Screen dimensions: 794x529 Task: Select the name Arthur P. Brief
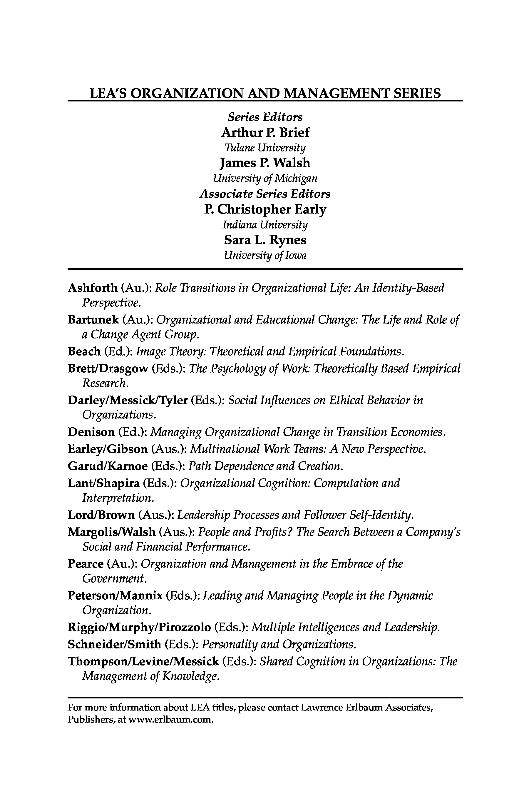pyautogui.click(x=265, y=132)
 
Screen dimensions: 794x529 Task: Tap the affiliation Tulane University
pyautogui.click(x=265, y=148)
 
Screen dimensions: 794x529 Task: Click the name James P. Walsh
pyautogui.click(x=265, y=163)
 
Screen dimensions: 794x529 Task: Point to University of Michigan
pyautogui.click(x=265, y=178)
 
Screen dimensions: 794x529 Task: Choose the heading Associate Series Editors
pyautogui.click(x=265, y=194)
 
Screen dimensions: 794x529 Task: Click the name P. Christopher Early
pyautogui.click(x=265, y=209)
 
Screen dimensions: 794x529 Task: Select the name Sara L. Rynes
pyautogui.click(x=265, y=240)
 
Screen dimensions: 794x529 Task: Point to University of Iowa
pyautogui.click(x=265, y=255)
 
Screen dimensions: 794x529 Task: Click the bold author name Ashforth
pyautogui.click(x=93, y=288)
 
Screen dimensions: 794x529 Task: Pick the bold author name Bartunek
pyautogui.click(x=93, y=319)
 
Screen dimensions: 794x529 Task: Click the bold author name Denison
pyautogui.click(x=91, y=432)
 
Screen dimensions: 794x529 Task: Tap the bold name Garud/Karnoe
pyautogui.click(x=108, y=466)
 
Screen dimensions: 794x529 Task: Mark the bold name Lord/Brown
pyautogui.click(x=101, y=515)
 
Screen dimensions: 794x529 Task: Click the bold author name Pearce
pyautogui.click(x=86, y=563)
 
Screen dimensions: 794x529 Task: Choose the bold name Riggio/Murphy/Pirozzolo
pyautogui.click(x=139, y=627)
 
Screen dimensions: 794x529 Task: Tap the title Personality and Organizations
pyautogui.click(x=279, y=644)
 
